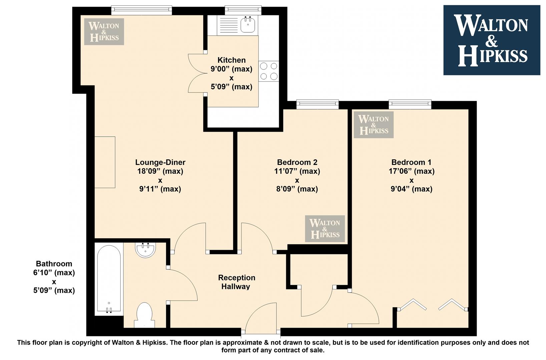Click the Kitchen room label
point(231,60)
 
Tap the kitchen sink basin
point(247,25)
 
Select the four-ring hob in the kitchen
point(268,71)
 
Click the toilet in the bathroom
point(144,315)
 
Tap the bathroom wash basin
point(145,250)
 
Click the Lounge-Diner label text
point(160,162)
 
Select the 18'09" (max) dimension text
point(160,171)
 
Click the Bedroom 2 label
point(297,162)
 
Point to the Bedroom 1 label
point(412,162)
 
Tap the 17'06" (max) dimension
point(412,171)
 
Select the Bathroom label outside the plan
point(54,264)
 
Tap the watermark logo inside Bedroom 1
point(374,125)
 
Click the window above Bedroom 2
point(318,104)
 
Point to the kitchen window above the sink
point(243,10)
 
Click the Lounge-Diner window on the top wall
point(142,10)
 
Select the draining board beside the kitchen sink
point(228,25)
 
